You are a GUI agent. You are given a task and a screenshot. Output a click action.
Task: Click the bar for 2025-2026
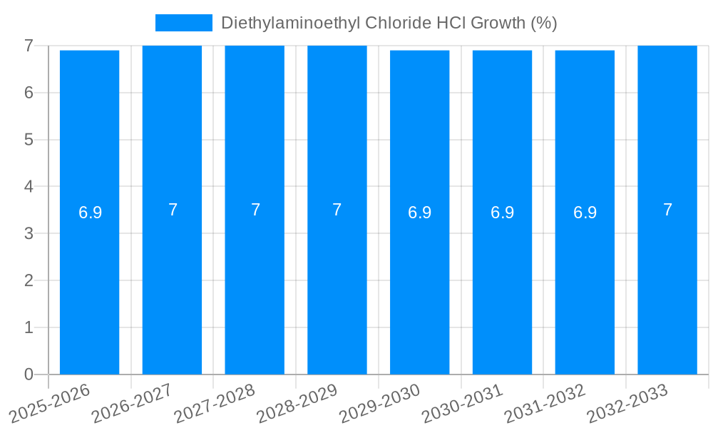[89, 285]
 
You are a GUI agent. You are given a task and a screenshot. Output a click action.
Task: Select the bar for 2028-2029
[337, 285]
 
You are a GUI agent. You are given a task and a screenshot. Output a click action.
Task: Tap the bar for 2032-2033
[667, 285]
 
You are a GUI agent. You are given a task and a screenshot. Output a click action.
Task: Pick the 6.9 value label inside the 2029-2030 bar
[419, 213]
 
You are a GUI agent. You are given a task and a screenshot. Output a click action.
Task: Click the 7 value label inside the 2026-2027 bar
[173, 210]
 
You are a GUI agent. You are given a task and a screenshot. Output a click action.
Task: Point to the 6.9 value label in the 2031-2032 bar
[585, 213]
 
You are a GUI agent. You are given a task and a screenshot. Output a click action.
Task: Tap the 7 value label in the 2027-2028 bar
[255, 210]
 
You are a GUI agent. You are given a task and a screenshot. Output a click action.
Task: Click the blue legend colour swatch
[184, 23]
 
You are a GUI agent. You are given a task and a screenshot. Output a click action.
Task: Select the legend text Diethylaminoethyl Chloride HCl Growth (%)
[389, 23]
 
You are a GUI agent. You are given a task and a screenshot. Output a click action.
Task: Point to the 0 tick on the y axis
[29, 374]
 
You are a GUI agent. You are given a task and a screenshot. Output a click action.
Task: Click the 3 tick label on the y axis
[29, 234]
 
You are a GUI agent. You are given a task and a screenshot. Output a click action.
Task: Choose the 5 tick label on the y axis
[29, 140]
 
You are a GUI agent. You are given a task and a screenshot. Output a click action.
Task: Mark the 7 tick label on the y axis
[29, 46]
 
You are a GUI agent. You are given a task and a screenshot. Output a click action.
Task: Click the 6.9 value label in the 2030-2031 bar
[502, 213]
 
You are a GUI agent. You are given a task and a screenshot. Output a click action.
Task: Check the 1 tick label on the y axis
[29, 328]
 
